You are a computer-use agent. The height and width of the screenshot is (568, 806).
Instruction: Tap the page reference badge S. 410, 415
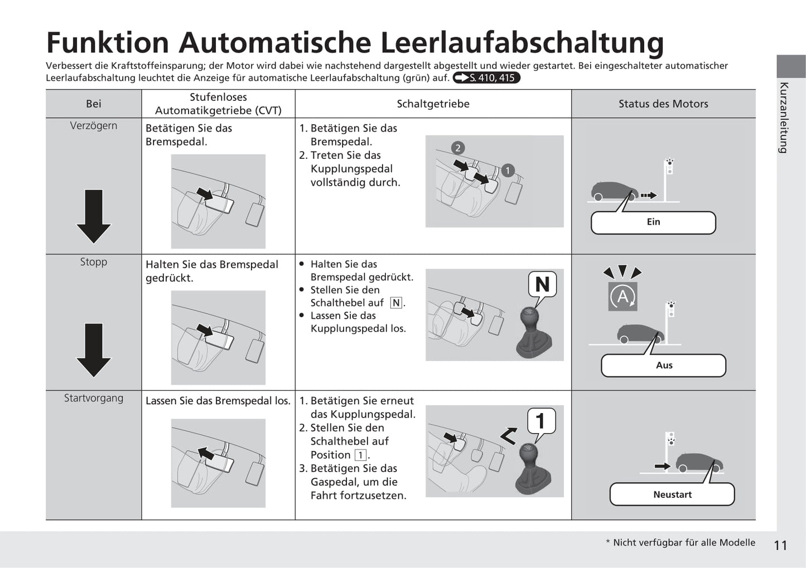click(486, 78)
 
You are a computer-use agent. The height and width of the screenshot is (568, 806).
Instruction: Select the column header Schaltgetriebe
click(433, 104)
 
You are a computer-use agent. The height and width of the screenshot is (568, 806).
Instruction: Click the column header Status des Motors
click(663, 104)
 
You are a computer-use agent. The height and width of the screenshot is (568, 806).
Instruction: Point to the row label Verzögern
click(94, 126)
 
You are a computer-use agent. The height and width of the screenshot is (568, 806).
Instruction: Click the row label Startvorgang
click(94, 398)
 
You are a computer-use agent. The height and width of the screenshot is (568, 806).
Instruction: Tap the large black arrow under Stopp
click(94, 350)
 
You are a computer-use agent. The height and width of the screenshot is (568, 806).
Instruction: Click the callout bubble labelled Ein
click(653, 222)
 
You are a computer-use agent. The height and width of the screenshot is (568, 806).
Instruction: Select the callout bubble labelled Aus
click(663, 366)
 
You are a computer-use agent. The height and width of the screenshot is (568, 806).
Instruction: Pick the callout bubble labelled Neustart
click(672, 494)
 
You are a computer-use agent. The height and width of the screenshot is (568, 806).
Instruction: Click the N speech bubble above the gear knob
click(542, 285)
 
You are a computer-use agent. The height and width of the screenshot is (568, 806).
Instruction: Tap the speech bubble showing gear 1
click(540, 421)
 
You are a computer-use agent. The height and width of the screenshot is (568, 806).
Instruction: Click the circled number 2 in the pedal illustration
click(458, 148)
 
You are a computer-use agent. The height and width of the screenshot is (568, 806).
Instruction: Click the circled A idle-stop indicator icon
click(622, 297)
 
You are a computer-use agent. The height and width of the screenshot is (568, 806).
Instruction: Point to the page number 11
click(780, 545)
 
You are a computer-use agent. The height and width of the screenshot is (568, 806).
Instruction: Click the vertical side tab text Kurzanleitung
click(784, 118)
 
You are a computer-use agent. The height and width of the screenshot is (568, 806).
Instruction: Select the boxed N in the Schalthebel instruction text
click(396, 303)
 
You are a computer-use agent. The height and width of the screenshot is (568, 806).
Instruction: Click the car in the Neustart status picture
click(699, 462)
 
